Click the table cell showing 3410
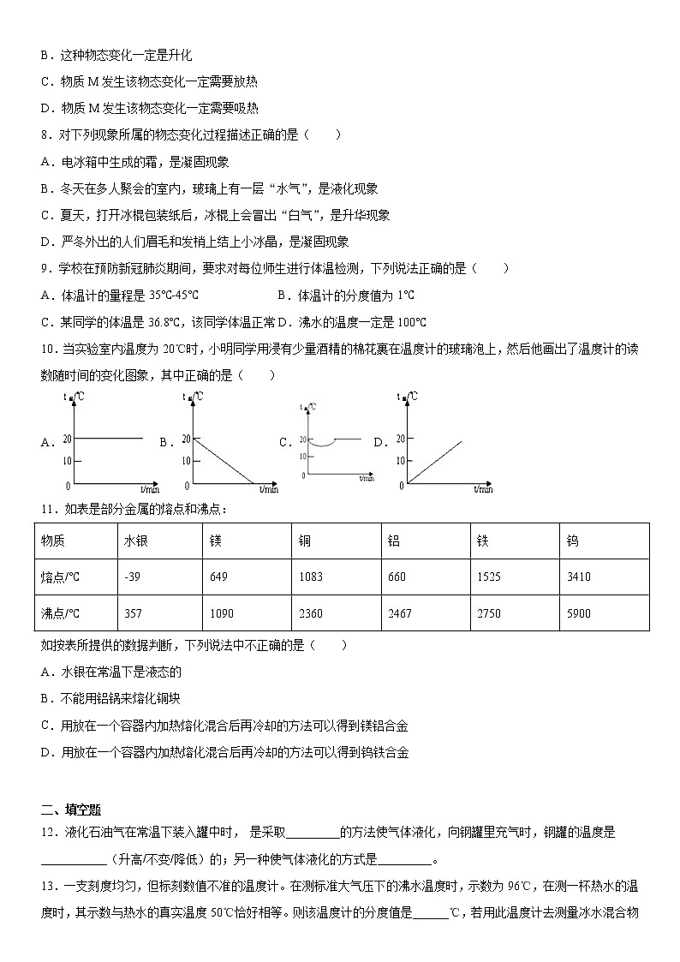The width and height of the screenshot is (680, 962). [x=578, y=577]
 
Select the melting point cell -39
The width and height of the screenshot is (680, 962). [x=132, y=577]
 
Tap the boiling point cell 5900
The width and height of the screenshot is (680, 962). [x=578, y=613]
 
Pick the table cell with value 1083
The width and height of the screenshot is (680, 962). [x=311, y=577]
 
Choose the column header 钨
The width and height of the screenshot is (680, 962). [x=572, y=541]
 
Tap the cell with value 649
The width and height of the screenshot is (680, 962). [x=218, y=577]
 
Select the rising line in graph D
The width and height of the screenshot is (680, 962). [x=435, y=463]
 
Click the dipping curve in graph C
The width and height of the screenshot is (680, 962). [x=325, y=444]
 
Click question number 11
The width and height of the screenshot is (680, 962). [x=47, y=509]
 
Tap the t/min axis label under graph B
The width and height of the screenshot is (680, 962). [x=268, y=490]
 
